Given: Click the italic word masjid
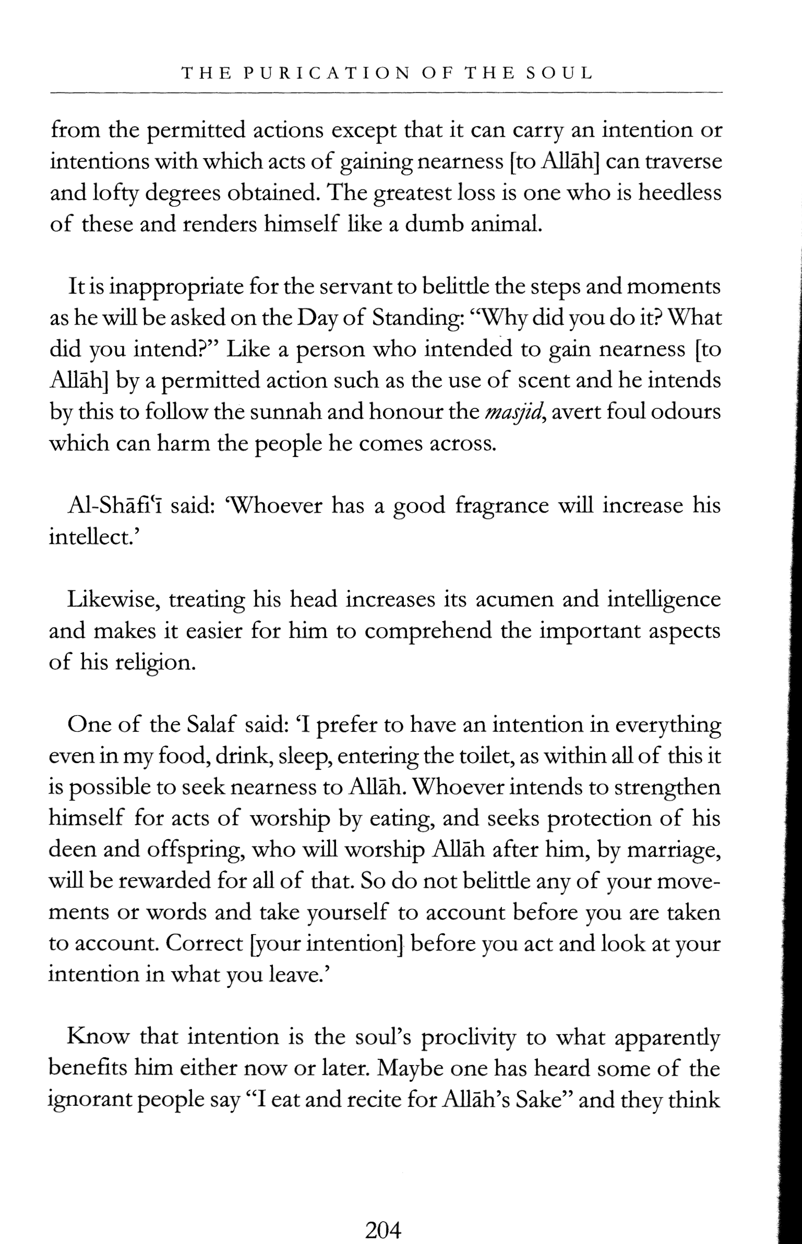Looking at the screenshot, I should [x=513, y=413].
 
